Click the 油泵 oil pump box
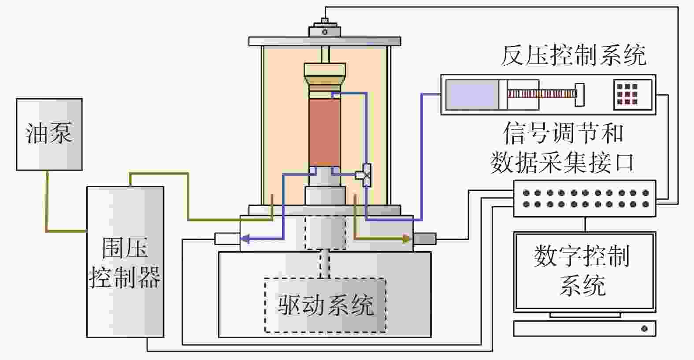click(49, 134)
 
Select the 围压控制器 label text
click(125, 263)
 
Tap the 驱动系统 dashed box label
click(325, 305)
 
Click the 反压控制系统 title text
click(573, 56)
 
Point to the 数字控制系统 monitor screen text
click(582, 270)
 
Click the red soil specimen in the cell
click(324, 132)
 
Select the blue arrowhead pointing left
click(245, 239)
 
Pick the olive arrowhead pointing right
click(406, 239)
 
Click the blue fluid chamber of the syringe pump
click(471, 95)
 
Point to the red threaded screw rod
click(541, 93)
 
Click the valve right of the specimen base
click(365, 175)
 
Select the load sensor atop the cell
click(325, 31)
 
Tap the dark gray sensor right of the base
click(425, 239)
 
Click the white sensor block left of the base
click(227, 239)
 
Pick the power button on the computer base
click(644, 329)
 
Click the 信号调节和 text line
click(564, 133)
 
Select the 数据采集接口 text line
click(562, 162)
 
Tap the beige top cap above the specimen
click(325, 74)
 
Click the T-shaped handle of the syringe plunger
click(579, 94)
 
